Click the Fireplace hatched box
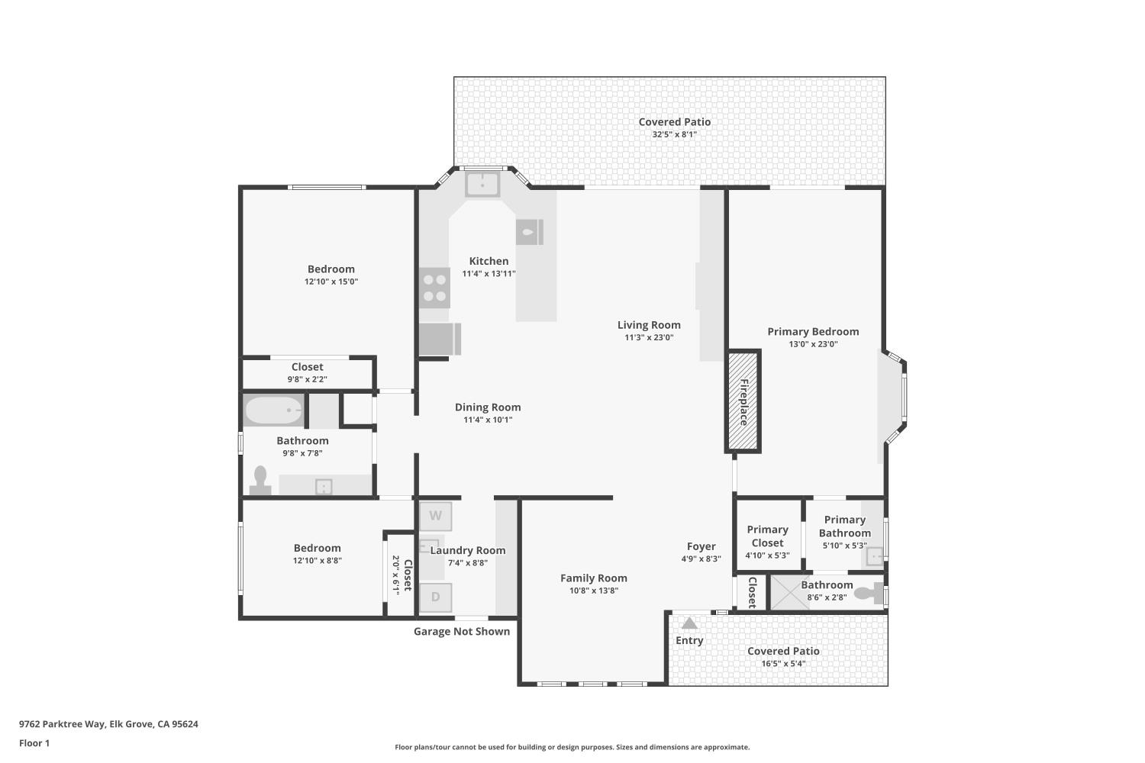[x=743, y=401]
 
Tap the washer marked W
[x=436, y=516]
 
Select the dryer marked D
[x=436, y=597]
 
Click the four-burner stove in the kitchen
[x=434, y=288]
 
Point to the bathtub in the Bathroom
[x=274, y=410]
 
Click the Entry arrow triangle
[x=689, y=623]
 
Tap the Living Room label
[x=649, y=325]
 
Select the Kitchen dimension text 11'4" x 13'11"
[x=489, y=274]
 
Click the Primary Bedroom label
[x=813, y=332]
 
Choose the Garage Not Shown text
[x=462, y=632]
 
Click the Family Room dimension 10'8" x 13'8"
[x=594, y=591]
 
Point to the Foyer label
[x=702, y=547]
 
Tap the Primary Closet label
[x=768, y=536]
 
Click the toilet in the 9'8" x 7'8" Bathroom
[x=260, y=481]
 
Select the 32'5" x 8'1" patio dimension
[x=675, y=134]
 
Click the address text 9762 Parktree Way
[x=63, y=724]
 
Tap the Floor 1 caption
[x=34, y=743]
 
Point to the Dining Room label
[x=489, y=407]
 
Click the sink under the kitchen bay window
[x=482, y=184]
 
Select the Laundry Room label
[x=468, y=550]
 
